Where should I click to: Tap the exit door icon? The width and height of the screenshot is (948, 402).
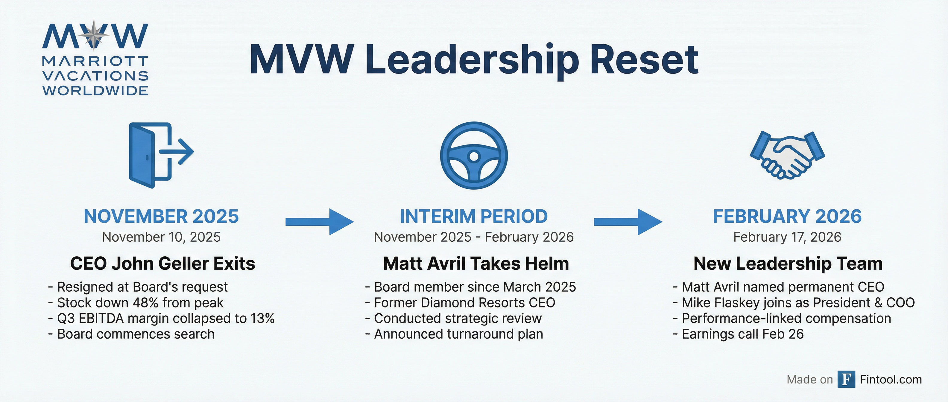(x=160, y=155)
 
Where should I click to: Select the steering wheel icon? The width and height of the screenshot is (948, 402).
(x=474, y=156)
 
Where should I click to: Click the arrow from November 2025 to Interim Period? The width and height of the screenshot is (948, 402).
(x=319, y=221)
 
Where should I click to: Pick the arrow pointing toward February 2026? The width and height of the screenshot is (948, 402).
(x=628, y=221)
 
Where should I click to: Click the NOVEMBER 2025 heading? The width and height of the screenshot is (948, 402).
(x=161, y=216)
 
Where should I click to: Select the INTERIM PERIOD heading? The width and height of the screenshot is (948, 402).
(x=474, y=216)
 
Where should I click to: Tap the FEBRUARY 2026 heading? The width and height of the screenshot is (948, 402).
(x=787, y=216)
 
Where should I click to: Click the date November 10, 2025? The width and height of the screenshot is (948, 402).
(x=161, y=237)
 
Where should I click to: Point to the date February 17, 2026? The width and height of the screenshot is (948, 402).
(x=787, y=237)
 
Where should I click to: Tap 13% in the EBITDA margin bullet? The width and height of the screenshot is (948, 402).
(x=262, y=319)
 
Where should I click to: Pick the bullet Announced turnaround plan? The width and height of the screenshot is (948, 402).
(x=458, y=334)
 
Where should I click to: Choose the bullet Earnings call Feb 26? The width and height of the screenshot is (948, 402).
(x=742, y=334)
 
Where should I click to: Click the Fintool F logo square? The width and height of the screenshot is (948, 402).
(x=846, y=379)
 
